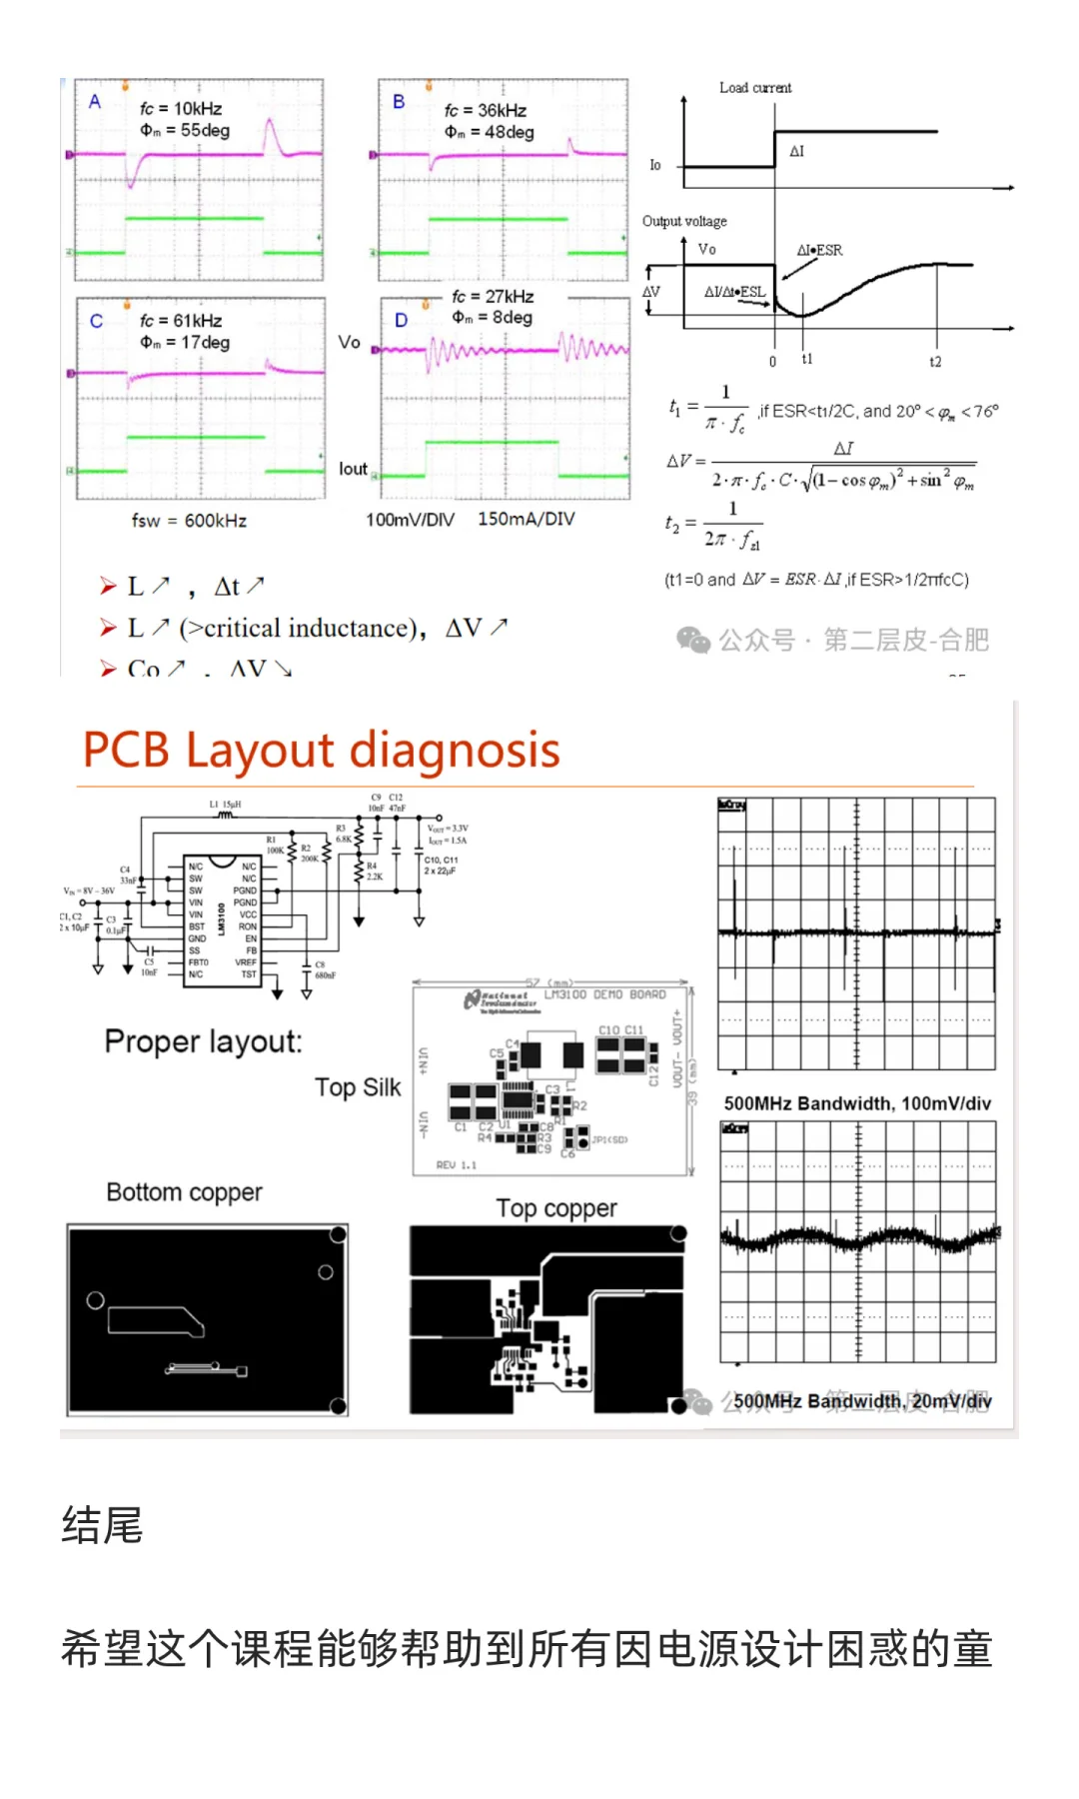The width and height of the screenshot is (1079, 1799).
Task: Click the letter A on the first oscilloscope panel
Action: [x=95, y=101]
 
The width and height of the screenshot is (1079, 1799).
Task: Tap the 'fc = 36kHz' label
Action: [x=486, y=110]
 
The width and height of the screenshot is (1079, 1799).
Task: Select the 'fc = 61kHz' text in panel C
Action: [x=181, y=321]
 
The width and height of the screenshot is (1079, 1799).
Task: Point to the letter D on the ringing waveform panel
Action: [x=401, y=321]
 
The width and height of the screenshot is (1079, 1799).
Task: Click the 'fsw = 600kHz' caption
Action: [x=189, y=521]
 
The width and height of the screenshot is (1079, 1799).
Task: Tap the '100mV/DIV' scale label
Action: [x=410, y=520]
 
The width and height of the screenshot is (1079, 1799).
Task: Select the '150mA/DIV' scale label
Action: [x=527, y=520]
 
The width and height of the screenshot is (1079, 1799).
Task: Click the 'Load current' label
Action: [x=755, y=88]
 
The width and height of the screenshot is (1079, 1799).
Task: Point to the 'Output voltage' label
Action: [x=684, y=221]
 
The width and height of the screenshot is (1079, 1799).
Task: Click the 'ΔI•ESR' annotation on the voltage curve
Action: [x=819, y=250]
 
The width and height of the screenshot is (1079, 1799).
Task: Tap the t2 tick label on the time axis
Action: [x=935, y=362]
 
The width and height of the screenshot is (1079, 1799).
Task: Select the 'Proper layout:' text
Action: [x=203, y=1041]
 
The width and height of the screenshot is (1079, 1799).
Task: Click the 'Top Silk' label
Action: [x=358, y=1087]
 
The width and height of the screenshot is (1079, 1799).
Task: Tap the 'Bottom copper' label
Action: [x=184, y=1192]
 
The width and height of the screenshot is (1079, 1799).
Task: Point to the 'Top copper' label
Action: [x=556, y=1208]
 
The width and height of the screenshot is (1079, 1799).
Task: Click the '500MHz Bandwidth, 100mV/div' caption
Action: [x=857, y=1103]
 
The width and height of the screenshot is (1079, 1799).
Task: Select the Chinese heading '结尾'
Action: [x=102, y=1526]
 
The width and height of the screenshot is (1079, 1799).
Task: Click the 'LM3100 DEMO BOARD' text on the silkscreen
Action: [x=604, y=994]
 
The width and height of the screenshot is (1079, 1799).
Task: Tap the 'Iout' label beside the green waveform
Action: [x=353, y=469]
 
